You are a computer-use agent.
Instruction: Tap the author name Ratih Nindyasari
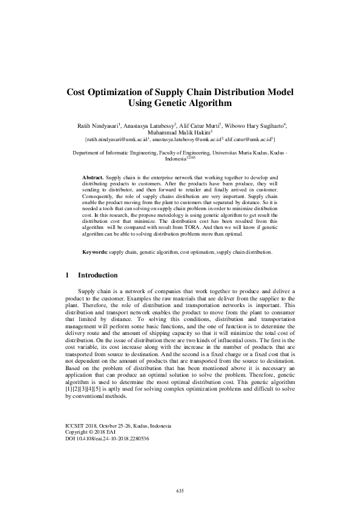coord(97,125)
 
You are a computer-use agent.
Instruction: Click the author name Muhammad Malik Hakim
coord(180,132)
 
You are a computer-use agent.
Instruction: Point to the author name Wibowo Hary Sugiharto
coord(257,125)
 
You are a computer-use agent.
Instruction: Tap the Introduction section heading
coord(97,275)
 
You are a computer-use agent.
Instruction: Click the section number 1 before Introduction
coord(67,275)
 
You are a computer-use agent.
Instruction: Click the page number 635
coord(180,490)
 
